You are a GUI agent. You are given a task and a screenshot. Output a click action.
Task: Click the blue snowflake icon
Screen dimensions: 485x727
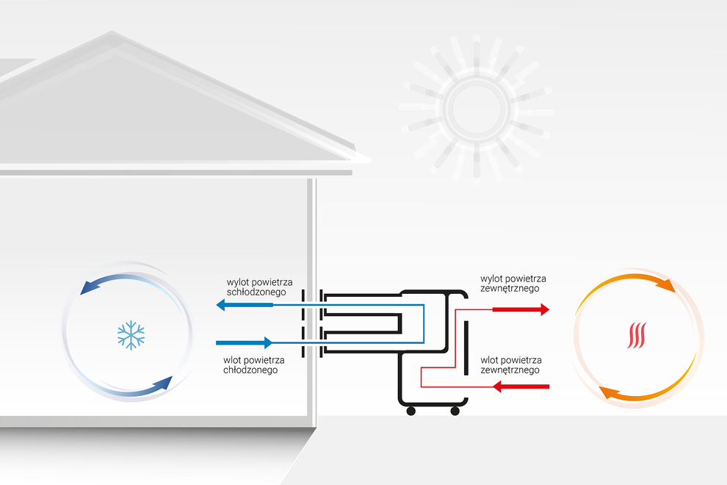coord(131,334)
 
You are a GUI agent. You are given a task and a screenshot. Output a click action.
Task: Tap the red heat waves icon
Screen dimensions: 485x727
coord(637,335)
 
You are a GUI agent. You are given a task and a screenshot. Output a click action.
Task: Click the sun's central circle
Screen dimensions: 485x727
coord(476,109)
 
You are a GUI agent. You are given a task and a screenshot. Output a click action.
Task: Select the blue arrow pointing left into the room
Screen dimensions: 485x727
coord(242,305)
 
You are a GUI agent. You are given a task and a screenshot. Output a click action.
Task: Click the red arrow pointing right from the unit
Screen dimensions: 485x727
coord(521,309)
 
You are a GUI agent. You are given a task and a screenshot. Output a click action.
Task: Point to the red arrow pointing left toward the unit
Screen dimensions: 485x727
coord(521,386)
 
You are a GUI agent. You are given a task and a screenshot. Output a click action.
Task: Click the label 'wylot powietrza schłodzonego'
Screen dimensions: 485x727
coord(259,287)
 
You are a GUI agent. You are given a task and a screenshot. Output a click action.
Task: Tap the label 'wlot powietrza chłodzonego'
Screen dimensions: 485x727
coord(254,364)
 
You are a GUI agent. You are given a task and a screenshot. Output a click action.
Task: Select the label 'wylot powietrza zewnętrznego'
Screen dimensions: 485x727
coord(513,284)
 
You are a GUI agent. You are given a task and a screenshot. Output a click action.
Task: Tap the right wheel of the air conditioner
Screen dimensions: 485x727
coord(455,411)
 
